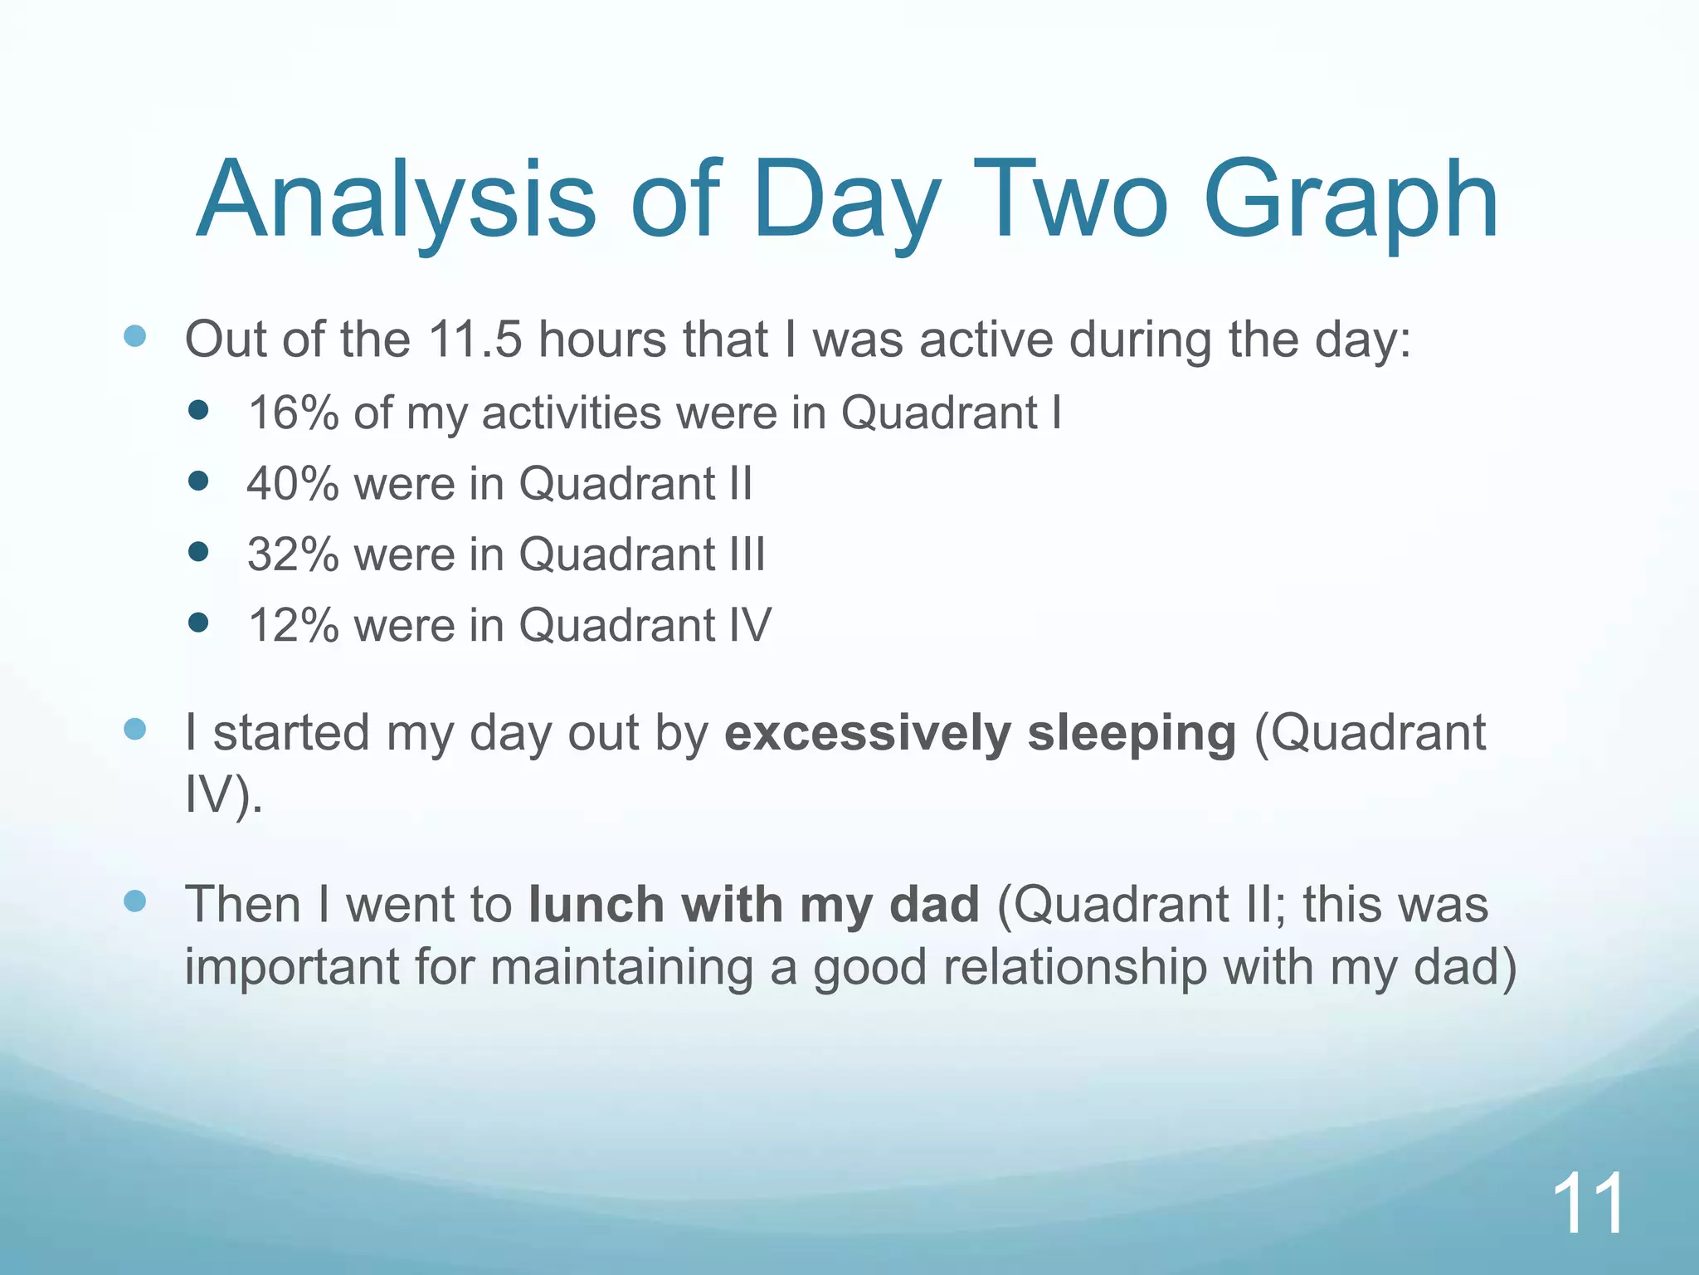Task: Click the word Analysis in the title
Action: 396,201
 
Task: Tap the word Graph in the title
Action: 1350,201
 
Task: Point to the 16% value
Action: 293,413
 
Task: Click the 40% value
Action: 293,483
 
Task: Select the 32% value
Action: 293,554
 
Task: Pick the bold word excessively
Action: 867,733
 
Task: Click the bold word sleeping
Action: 1132,733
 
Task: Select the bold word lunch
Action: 596,904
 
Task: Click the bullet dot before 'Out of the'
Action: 134,336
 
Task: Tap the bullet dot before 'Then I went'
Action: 134,901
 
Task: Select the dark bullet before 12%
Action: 198,622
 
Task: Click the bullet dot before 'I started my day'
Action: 134,730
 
